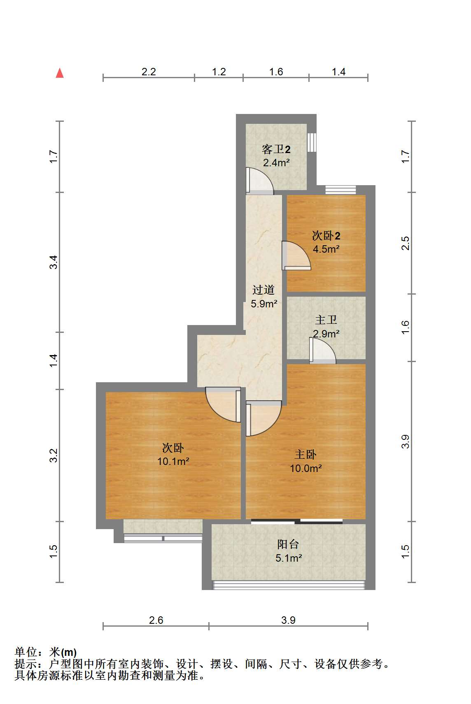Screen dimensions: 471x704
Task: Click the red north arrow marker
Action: click(x=60, y=73)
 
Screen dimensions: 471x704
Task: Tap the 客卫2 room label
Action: click(x=276, y=149)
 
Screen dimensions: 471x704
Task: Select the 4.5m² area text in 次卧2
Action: click(x=326, y=249)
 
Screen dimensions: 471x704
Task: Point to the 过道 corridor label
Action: click(x=263, y=290)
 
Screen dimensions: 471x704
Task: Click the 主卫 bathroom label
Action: click(x=326, y=320)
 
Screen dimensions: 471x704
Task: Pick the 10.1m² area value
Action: click(x=173, y=461)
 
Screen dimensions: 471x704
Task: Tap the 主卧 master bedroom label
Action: click(x=305, y=455)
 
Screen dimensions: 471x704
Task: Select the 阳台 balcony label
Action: click(x=288, y=544)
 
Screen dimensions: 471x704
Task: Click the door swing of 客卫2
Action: click(x=260, y=180)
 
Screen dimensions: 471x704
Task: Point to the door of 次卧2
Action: click(x=296, y=256)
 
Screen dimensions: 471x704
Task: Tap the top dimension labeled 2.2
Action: click(x=149, y=72)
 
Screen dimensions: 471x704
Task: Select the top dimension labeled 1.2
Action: click(x=219, y=72)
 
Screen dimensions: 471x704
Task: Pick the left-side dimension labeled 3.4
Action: click(x=54, y=262)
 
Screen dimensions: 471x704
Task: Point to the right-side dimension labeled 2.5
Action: click(x=405, y=243)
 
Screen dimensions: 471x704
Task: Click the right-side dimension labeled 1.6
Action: click(x=405, y=327)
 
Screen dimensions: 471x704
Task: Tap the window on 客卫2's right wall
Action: click(x=312, y=142)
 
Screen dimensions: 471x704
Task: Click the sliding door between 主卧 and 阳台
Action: click(x=297, y=521)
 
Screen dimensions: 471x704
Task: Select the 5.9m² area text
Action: click(x=264, y=304)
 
